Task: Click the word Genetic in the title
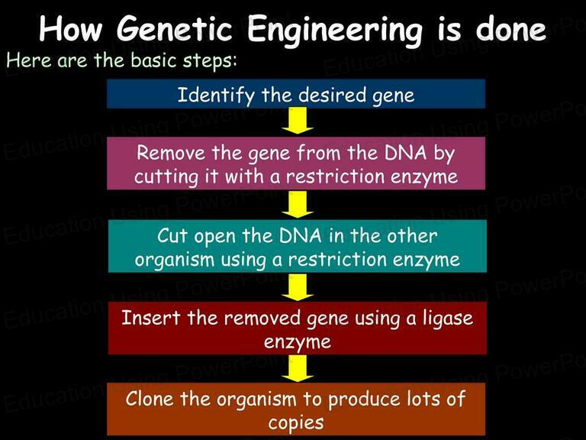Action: pos(174,29)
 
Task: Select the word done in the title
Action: pos(511,29)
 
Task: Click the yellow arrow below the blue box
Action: pos(298,121)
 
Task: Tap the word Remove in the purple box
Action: pos(171,153)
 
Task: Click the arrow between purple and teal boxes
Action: pos(298,204)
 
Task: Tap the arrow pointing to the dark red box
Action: pos(298,287)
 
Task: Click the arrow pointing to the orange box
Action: pos(298,368)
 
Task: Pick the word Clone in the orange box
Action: pos(150,399)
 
